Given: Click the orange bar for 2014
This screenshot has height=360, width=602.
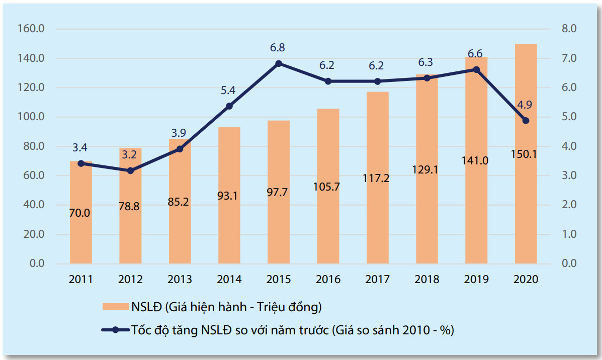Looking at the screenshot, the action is tap(229, 196).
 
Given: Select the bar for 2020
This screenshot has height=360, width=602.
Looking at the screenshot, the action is tap(526, 153).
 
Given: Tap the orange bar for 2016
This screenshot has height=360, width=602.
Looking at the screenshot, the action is tap(328, 186).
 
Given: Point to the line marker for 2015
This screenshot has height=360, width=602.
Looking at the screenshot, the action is tap(279, 64).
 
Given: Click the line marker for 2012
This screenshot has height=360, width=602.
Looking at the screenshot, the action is tap(131, 170).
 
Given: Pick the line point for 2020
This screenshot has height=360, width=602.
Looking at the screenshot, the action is tap(526, 121).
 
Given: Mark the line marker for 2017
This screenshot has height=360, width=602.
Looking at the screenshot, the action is tap(377, 81).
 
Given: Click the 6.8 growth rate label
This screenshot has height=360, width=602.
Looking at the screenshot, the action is tap(277, 48).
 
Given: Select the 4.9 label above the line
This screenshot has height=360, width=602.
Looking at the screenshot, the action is tap(525, 105).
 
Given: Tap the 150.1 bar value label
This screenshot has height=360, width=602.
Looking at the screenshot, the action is tap(524, 154).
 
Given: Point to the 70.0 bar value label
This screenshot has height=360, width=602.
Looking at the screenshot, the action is tap(79, 213).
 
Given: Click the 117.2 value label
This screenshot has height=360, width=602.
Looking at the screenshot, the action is tap(376, 178).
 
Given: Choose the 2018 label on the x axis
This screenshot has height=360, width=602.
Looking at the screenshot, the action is tap(427, 279).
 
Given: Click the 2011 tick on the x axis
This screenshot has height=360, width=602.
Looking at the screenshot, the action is tap(80, 279).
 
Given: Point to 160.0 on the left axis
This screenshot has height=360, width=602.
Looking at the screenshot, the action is tap(31, 28).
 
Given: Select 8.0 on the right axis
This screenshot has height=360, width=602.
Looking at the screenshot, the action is tap(569, 28).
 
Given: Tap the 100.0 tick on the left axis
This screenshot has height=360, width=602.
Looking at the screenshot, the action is tap(31, 117).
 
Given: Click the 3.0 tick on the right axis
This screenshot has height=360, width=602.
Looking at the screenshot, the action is tap(569, 175).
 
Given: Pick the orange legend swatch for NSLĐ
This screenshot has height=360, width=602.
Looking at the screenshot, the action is tap(115, 307).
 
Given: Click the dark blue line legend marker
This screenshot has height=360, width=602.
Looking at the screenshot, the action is tap(115, 330).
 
